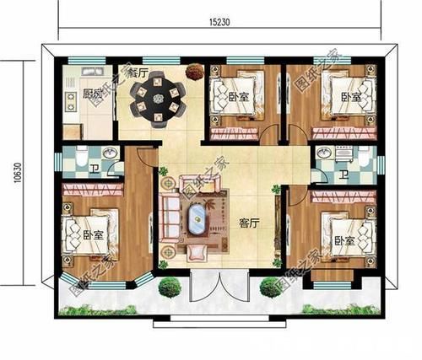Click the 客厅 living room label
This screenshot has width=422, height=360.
point(248,223)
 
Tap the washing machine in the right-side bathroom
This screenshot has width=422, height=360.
point(365,158)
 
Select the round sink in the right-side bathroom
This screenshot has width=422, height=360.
point(324,157)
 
